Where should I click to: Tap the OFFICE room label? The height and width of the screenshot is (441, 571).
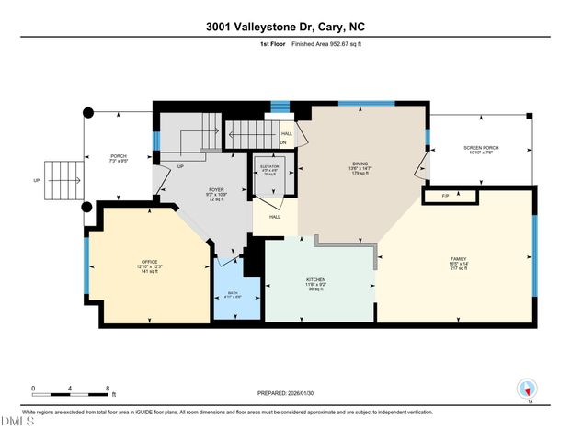point(149,262)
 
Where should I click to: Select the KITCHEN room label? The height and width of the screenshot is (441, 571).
point(316,279)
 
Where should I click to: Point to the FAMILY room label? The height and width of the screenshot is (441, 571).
point(458,259)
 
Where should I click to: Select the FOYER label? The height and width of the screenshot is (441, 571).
point(217,189)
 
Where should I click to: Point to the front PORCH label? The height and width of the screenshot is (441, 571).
point(119,155)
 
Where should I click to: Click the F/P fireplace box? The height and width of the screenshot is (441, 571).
point(446,196)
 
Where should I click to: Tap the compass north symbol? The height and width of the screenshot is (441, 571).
point(526,389)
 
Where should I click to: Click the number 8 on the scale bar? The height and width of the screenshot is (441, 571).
point(108,388)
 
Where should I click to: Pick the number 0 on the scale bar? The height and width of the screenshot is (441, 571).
point(32,388)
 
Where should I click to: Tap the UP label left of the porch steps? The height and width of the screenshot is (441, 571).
point(37,180)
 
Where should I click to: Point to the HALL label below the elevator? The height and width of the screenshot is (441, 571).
point(275,217)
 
